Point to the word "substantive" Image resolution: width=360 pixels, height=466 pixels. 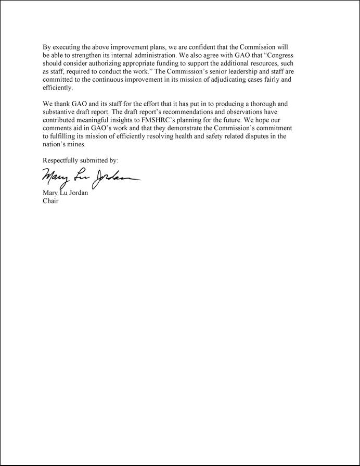60,112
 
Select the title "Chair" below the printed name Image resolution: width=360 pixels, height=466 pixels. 50,200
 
